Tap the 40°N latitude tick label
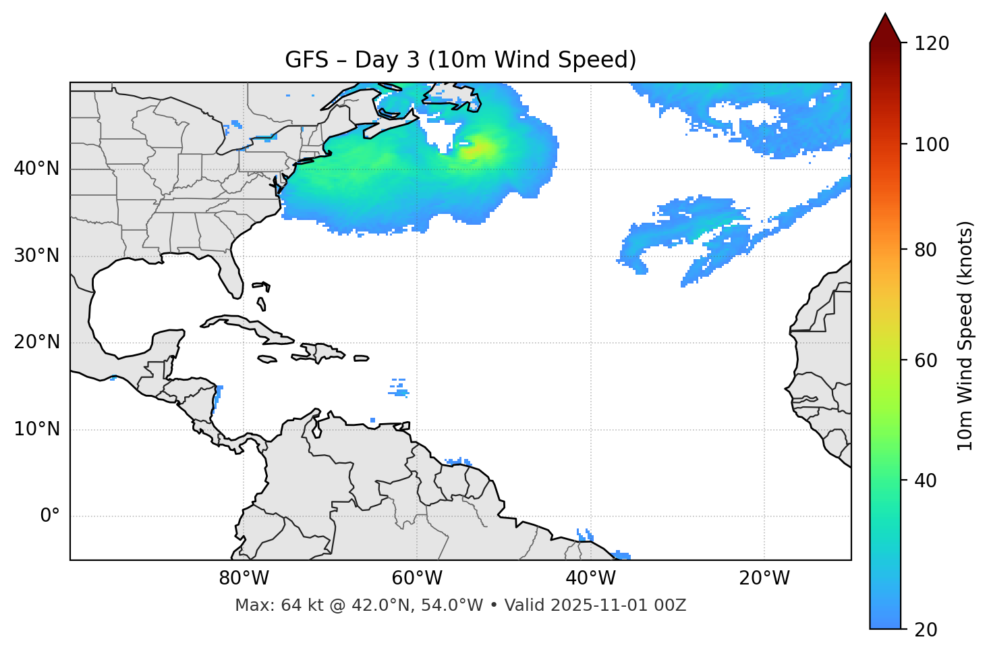(x=37, y=169)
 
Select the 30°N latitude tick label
(x=37, y=256)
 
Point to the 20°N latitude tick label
(x=37, y=342)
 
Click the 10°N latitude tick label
(x=37, y=429)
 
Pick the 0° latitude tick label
(x=50, y=516)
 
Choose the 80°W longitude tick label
(x=244, y=578)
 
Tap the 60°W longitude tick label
(x=417, y=578)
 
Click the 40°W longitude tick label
(x=590, y=578)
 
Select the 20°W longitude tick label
(x=764, y=578)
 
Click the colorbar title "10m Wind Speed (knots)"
(x=965, y=335)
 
